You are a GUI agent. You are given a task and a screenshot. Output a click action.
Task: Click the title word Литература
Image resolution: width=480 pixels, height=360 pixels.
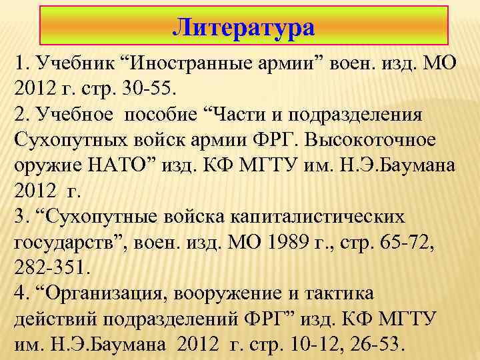pos(243,28)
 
